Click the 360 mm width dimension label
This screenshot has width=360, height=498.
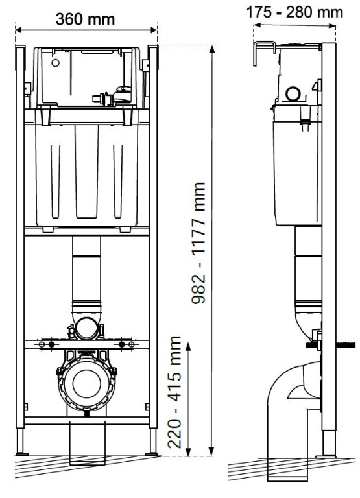click(x=86, y=19)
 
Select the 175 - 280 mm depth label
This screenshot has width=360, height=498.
click(x=298, y=12)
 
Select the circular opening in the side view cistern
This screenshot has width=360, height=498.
click(x=294, y=95)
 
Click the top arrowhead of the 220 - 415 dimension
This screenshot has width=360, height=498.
click(x=188, y=347)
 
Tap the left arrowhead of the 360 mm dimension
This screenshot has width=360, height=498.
click(x=19, y=30)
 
